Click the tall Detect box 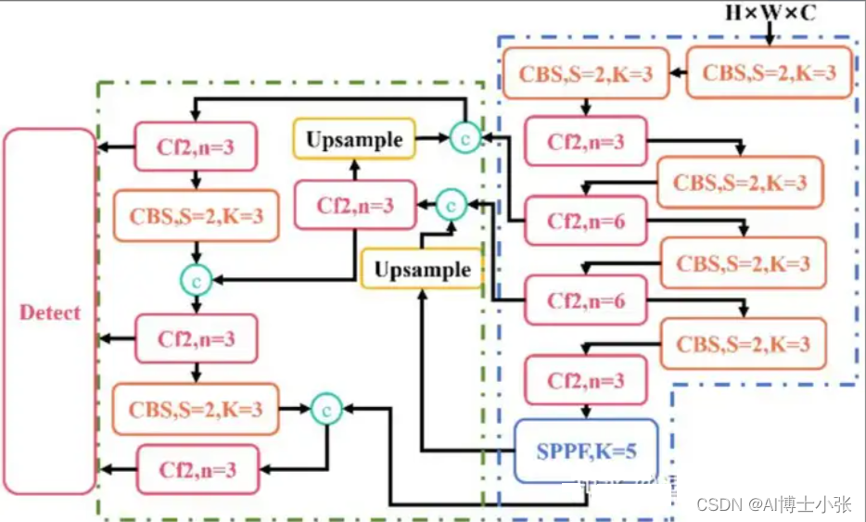tap(50, 312)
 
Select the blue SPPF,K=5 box tap(585, 451)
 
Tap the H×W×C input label tap(770, 14)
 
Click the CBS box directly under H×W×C tap(769, 72)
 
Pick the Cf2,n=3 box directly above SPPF tap(585, 380)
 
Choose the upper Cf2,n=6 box tap(585, 222)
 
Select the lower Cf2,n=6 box tap(585, 300)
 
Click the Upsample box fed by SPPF tap(422, 270)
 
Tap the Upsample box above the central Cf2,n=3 tap(354, 140)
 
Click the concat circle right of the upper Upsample tap(464, 137)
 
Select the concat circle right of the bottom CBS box tap(326, 407)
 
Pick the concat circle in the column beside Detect tap(196, 275)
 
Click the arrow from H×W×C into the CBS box tap(770, 35)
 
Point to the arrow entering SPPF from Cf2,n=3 tap(585, 411)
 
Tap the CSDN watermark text tap(773, 504)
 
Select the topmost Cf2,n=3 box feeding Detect tap(196, 146)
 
